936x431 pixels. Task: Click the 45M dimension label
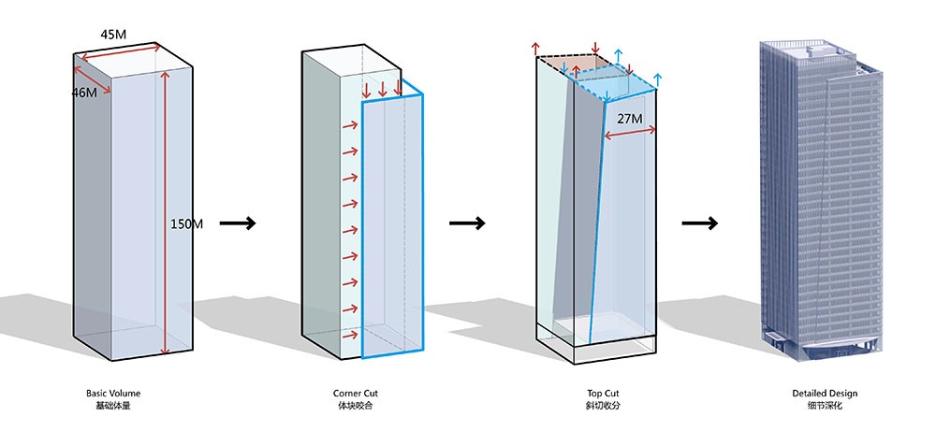click(113, 35)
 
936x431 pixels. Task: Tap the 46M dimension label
click(84, 93)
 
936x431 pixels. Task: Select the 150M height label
click(186, 223)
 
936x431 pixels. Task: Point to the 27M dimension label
click(629, 119)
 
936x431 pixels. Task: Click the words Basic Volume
click(112, 394)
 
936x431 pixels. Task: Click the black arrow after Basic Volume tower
click(237, 223)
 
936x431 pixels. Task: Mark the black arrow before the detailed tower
click(699, 223)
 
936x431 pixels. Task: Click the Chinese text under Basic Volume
click(112, 406)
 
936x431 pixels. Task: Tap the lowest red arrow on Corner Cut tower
click(350, 334)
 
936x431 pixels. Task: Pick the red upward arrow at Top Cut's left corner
click(535, 49)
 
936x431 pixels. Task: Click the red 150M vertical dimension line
click(165, 215)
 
